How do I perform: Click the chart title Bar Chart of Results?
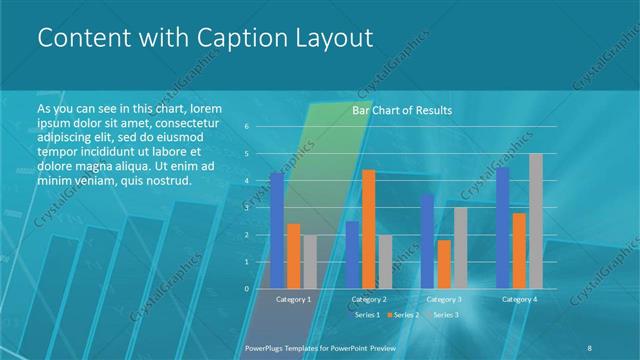pyautogui.click(x=401, y=110)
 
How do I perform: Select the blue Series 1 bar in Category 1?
pyautogui.click(x=277, y=230)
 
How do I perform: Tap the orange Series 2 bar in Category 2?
pyautogui.click(x=368, y=229)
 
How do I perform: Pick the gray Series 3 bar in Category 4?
pyautogui.click(x=535, y=221)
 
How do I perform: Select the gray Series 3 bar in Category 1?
pyautogui.click(x=309, y=261)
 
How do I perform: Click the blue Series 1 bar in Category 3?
pyautogui.click(x=427, y=241)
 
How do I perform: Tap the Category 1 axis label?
pyautogui.click(x=293, y=299)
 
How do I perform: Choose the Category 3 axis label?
pyautogui.click(x=444, y=299)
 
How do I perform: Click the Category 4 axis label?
pyautogui.click(x=519, y=299)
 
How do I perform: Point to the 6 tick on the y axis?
pyautogui.click(x=247, y=127)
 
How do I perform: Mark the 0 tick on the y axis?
pyautogui.click(x=247, y=289)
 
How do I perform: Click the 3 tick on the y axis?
pyautogui.click(x=247, y=208)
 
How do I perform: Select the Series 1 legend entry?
pyautogui.click(x=366, y=315)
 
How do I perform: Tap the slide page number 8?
pyautogui.click(x=590, y=347)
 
